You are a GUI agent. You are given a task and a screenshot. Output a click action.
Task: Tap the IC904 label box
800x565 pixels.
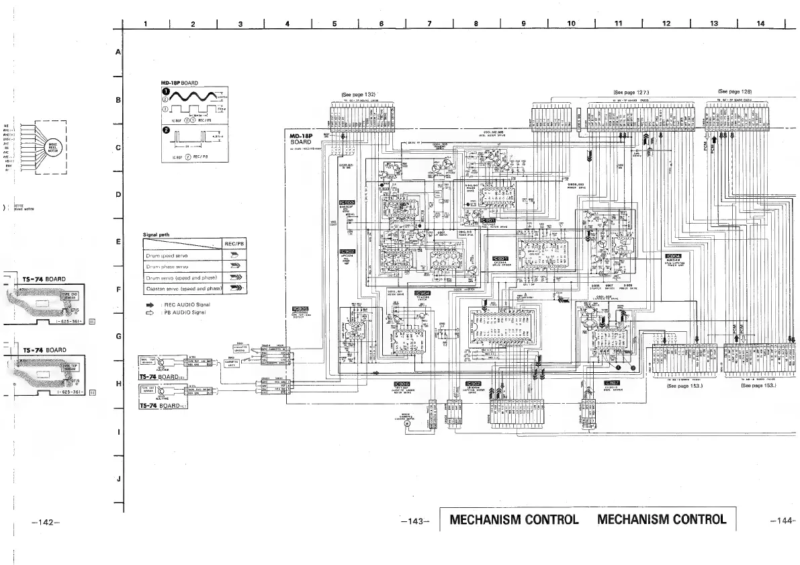673,256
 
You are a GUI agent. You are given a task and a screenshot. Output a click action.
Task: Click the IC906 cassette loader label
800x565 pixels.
402,384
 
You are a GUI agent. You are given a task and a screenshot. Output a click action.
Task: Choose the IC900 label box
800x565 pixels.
347,202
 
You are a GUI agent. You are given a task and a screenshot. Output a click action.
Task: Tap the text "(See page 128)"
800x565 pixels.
735,91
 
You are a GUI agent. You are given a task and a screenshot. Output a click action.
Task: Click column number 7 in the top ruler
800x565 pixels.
429,24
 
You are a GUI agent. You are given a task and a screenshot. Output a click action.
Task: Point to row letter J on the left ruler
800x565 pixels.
119,479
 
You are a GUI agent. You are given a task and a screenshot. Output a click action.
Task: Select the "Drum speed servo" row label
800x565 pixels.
167,256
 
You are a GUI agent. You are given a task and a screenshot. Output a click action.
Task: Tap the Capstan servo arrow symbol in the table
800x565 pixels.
234,288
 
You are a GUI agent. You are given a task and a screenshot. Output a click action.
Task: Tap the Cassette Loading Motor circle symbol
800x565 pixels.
406,432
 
